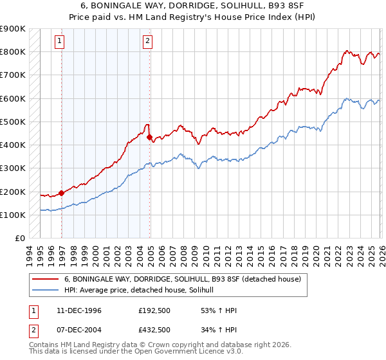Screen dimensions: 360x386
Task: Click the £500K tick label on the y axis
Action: tap(13, 122)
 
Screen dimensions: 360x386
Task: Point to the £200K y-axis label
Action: tap(13, 192)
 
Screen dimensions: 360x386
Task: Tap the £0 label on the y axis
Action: tap(19, 239)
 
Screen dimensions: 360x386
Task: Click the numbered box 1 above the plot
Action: tap(60, 41)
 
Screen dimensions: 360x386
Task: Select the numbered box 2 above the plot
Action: tap(147, 41)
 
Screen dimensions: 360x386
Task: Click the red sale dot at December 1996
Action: tap(62, 192)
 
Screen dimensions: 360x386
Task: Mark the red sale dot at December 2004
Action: tap(149, 137)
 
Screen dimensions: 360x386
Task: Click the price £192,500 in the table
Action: tap(154, 310)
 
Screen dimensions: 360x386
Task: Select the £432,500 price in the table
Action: tap(154, 330)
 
